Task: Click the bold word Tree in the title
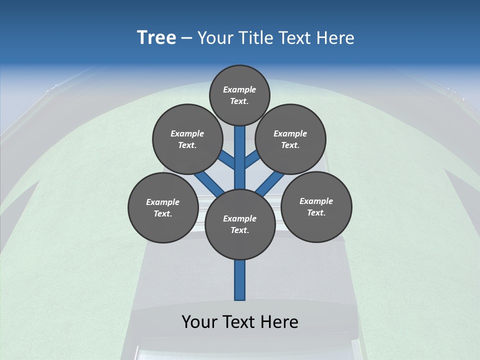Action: [156, 37]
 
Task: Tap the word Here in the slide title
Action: [335, 37]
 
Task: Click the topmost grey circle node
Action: [239, 95]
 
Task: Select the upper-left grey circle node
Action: [187, 139]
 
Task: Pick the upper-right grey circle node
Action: [290, 139]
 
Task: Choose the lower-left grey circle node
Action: [163, 207]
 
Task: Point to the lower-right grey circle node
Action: [316, 206]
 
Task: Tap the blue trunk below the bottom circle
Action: [240, 280]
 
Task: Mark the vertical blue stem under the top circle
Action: [240, 150]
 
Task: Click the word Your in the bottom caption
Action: [199, 321]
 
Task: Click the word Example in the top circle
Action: [239, 89]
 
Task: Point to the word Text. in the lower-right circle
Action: [316, 212]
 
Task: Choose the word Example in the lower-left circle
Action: [163, 202]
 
